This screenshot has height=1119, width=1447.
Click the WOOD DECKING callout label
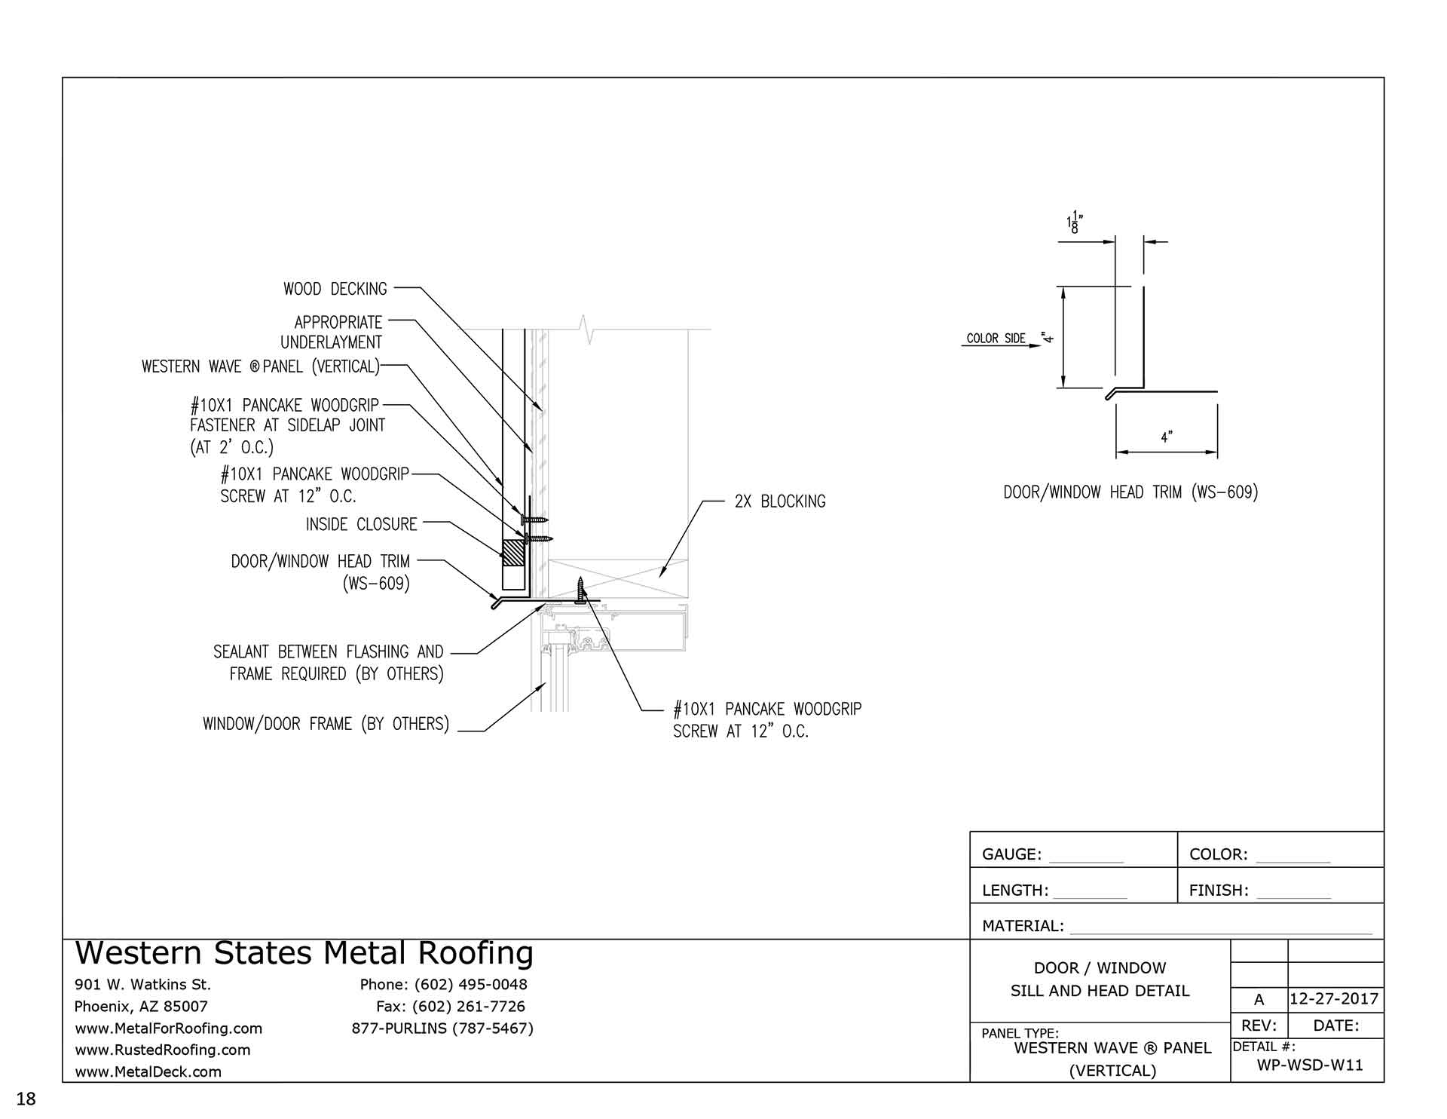[x=335, y=289]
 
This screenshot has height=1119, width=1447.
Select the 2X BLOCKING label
[x=779, y=501]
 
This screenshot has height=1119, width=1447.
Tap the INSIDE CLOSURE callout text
[x=361, y=524]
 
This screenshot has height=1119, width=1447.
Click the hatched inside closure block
[x=513, y=553]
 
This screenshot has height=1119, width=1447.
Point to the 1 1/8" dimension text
[x=1074, y=223]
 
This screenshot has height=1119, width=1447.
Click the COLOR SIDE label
[x=996, y=339]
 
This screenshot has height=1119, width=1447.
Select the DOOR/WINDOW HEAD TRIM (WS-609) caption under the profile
[x=1130, y=492]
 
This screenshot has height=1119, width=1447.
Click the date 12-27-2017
[x=1333, y=999]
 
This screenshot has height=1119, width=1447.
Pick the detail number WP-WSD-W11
[x=1310, y=1065]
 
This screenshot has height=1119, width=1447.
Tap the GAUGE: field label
[x=1011, y=854]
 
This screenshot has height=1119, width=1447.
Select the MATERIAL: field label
[x=1023, y=926]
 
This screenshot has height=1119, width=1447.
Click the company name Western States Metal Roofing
[x=304, y=953]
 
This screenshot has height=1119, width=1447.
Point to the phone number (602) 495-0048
[x=470, y=984]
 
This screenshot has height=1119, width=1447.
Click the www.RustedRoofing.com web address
[x=163, y=1050]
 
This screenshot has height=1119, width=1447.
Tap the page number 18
[x=26, y=1098]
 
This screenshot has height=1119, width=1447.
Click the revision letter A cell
[x=1259, y=1000]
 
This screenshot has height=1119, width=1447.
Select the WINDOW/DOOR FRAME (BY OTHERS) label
[x=326, y=724]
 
